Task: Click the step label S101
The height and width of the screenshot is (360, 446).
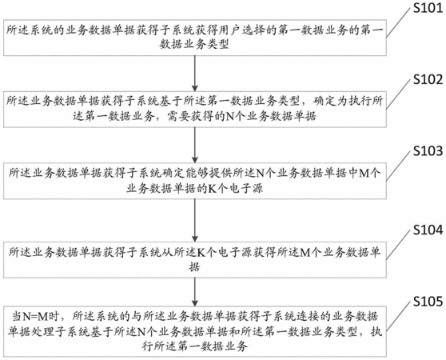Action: tap(428, 8)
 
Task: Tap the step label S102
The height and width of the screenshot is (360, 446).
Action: tap(428, 80)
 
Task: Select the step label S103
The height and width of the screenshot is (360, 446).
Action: tap(428, 151)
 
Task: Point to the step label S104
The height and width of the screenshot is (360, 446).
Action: tap(428, 230)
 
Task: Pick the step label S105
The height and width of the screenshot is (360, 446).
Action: tap(428, 302)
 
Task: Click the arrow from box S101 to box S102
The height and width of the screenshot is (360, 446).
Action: tap(195, 74)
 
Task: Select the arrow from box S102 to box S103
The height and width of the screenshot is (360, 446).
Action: tap(195, 145)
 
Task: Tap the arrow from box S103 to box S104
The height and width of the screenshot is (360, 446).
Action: tap(195, 220)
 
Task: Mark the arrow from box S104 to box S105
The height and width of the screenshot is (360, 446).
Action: tap(195, 292)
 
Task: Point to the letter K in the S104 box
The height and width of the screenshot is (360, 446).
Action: tap(201, 252)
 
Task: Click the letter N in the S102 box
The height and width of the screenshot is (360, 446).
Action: tap(229, 116)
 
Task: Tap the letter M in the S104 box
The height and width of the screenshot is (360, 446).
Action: tap(305, 252)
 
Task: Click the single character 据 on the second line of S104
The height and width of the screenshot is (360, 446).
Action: tap(195, 267)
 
